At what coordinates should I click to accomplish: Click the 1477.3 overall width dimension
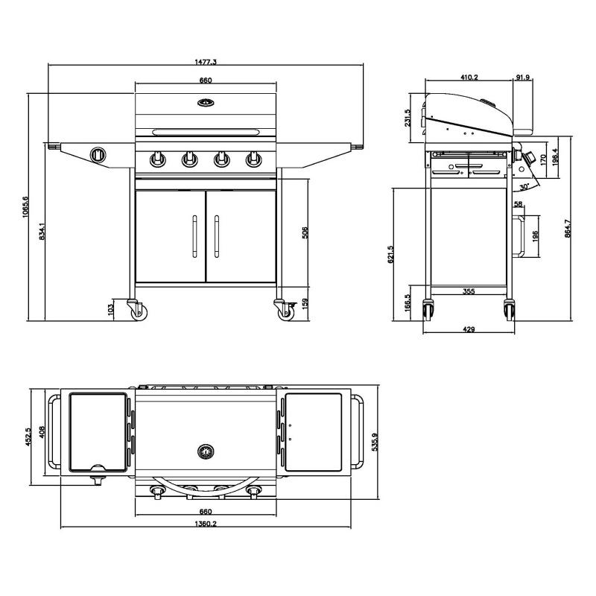(x=206, y=62)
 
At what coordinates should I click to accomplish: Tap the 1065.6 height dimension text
(x=25, y=207)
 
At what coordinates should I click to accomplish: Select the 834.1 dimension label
(x=42, y=232)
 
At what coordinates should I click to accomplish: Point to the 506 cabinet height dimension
(x=305, y=232)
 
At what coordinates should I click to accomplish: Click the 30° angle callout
(x=524, y=187)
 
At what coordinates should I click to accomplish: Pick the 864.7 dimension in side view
(x=568, y=229)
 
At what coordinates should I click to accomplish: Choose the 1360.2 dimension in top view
(x=206, y=524)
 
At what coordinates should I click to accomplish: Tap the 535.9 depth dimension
(x=375, y=442)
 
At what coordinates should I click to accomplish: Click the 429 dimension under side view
(x=469, y=329)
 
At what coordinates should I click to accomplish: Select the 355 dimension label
(x=469, y=291)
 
